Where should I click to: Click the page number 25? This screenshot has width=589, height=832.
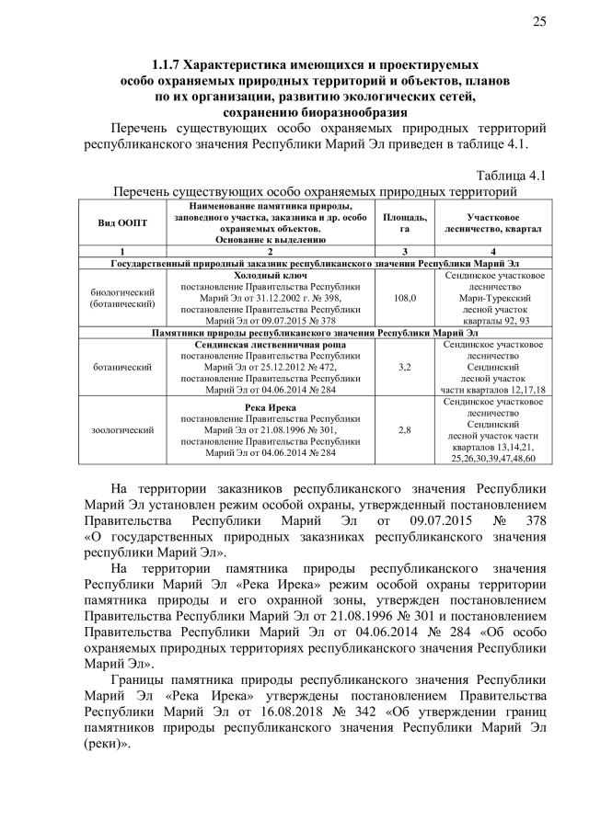(538, 22)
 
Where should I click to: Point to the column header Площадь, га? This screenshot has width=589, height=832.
(405, 222)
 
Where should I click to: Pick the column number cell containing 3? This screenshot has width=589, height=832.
(405, 251)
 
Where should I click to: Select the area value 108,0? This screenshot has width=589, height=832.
(405, 298)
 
